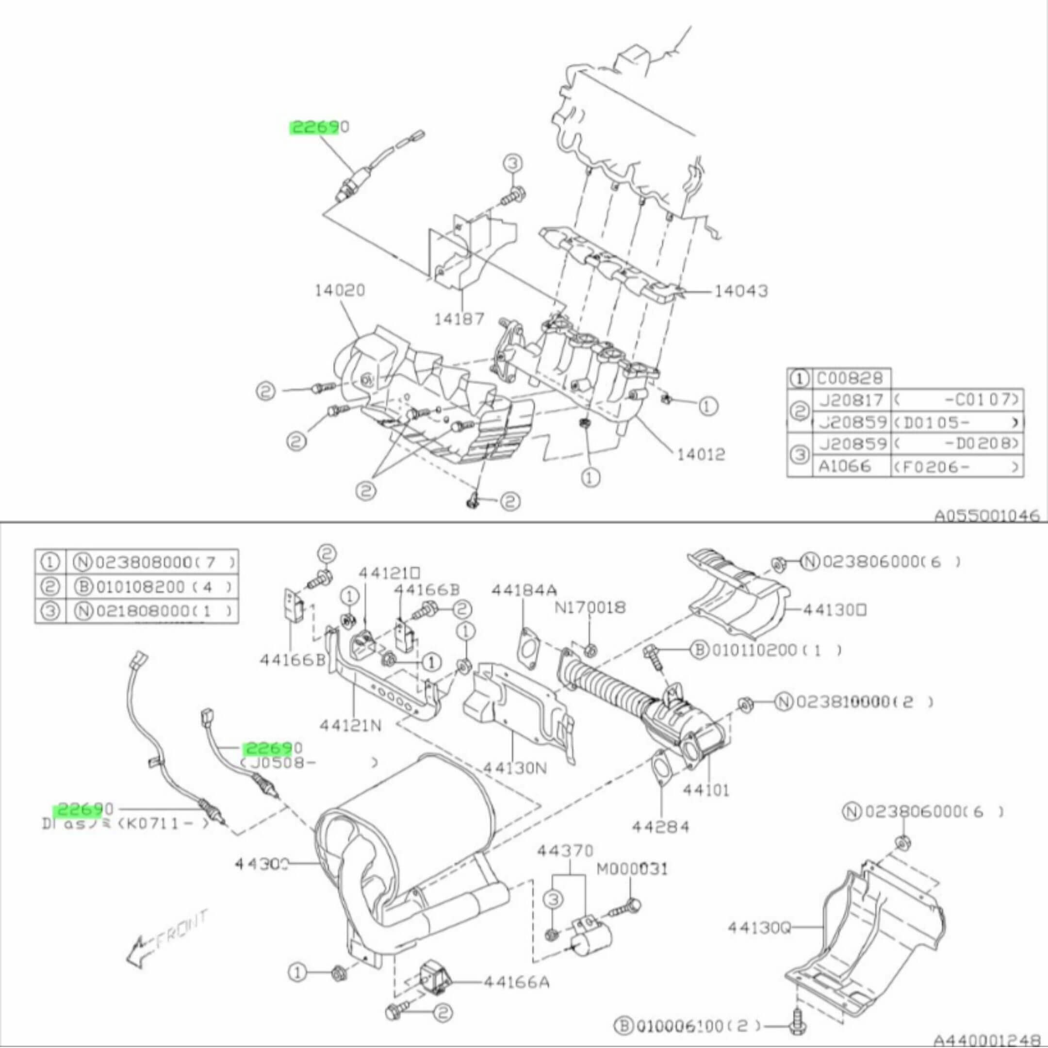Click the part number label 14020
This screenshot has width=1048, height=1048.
(x=340, y=291)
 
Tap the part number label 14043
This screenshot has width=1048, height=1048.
(x=740, y=291)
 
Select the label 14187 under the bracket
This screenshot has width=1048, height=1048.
(x=458, y=319)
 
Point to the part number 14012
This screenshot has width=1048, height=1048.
(x=701, y=454)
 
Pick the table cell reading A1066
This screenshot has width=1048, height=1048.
(x=845, y=465)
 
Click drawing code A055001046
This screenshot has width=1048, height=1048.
(x=986, y=515)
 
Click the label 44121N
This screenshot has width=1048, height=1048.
(x=350, y=725)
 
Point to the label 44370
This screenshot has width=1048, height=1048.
(x=565, y=850)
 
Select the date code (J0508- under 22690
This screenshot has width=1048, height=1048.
(x=271, y=763)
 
